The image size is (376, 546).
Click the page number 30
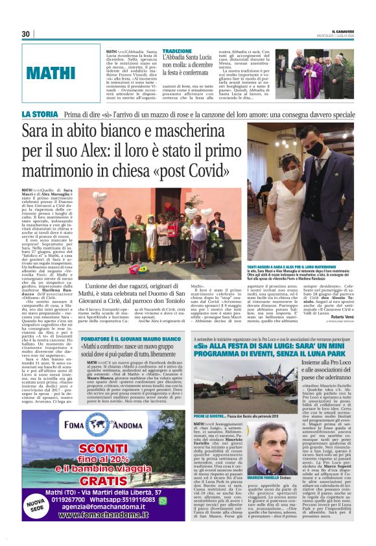click(26, 34)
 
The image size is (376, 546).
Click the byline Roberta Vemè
click(338, 299)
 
